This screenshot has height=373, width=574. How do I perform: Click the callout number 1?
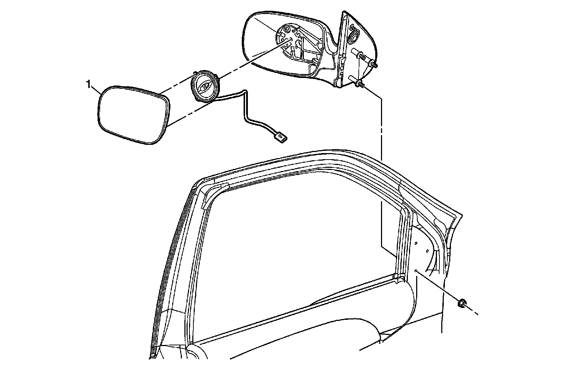point(88,84)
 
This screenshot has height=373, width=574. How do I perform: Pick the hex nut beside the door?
point(462,303)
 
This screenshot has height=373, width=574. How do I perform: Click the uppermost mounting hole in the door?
point(415,243)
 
